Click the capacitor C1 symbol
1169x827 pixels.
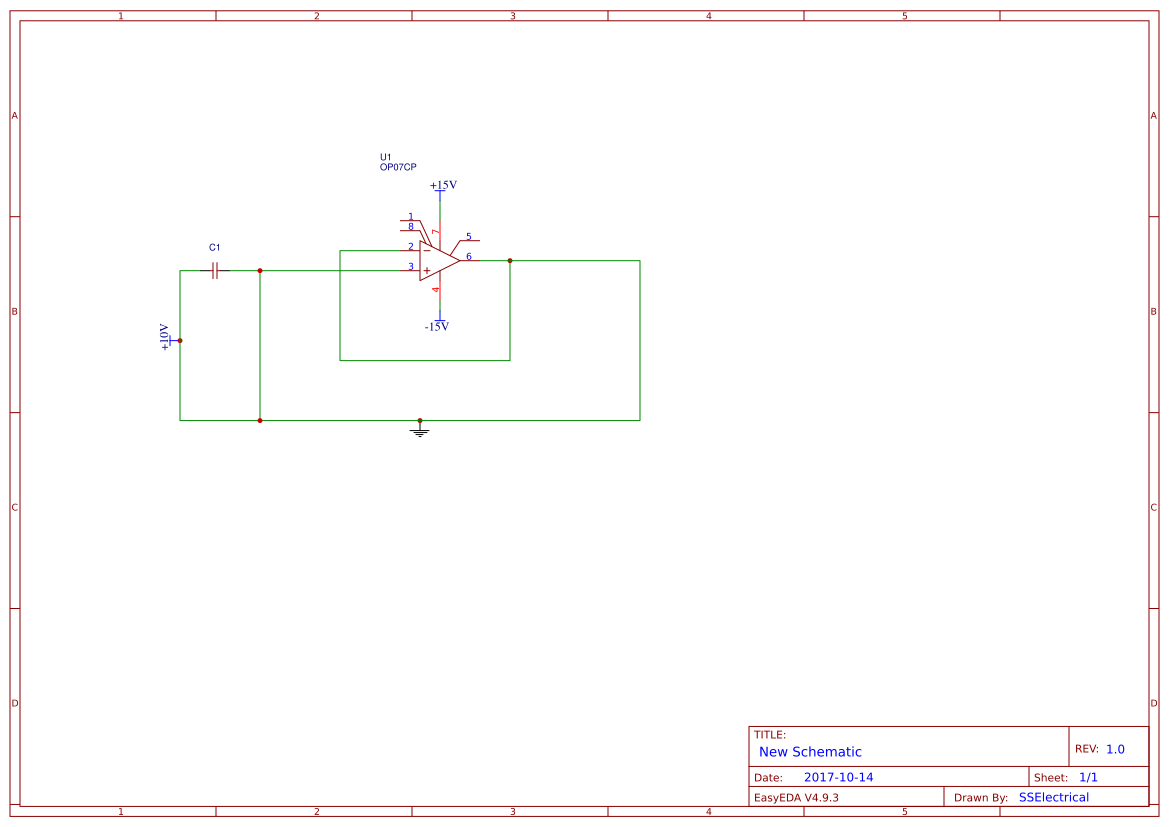point(215,270)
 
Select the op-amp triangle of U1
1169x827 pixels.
point(438,261)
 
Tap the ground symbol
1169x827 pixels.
point(420,431)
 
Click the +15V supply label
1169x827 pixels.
point(443,185)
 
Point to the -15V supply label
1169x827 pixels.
point(437,327)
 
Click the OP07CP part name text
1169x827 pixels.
point(398,168)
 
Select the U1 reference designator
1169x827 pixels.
point(386,157)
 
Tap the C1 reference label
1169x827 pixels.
point(214,247)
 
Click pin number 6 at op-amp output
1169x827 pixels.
point(469,257)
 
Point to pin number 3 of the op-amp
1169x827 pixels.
point(410,267)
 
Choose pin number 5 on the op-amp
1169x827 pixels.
point(469,237)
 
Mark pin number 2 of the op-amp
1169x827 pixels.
point(410,247)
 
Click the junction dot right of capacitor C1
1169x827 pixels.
point(260,270)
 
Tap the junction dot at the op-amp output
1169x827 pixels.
point(510,261)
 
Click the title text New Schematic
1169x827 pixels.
point(810,752)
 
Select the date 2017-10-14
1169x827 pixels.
point(838,777)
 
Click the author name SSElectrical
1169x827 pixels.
point(1054,797)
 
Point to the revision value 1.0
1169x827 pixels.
point(1115,749)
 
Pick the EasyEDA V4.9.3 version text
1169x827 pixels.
point(796,797)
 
